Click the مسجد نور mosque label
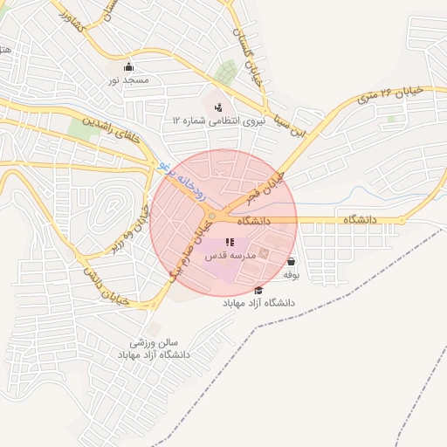click(x=128, y=80)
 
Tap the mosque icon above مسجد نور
click(x=129, y=67)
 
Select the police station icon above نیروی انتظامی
click(x=218, y=107)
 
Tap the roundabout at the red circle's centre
click(x=212, y=216)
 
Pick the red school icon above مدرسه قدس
click(x=229, y=242)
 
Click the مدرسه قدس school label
click(x=229, y=256)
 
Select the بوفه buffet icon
click(x=291, y=261)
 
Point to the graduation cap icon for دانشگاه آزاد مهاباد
click(x=258, y=290)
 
